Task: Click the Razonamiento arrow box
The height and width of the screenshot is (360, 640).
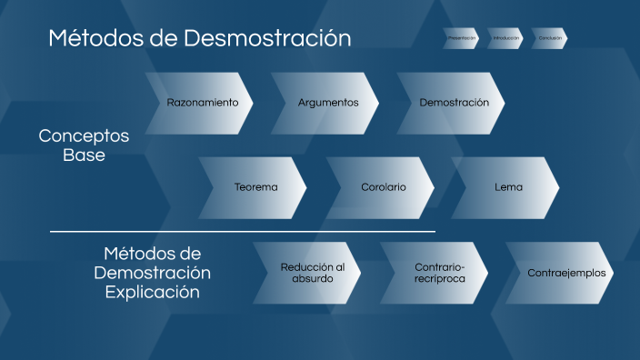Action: (202, 103)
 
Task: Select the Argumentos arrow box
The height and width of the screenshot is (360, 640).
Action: (327, 103)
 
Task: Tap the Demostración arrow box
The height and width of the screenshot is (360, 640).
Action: (453, 103)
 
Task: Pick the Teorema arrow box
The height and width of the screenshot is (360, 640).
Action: (255, 187)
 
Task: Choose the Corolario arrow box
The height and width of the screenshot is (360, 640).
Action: (383, 187)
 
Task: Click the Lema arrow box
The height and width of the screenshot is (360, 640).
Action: (507, 187)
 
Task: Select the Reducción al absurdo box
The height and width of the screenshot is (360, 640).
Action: (312, 273)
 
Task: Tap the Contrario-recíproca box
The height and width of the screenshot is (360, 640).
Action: (438, 273)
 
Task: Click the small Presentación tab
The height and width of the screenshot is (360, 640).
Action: (461, 38)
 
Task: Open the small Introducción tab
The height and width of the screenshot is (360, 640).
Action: (505, 38)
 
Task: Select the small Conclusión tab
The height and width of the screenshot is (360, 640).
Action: (550, 38)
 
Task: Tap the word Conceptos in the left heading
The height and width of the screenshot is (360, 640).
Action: (84, 135)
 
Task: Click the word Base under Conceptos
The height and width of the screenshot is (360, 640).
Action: (84, 155)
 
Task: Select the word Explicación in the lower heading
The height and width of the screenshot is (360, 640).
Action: (153, 293)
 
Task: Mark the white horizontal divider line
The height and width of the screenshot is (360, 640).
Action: (242, 232)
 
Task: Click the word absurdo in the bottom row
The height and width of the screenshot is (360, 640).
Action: (313, 279)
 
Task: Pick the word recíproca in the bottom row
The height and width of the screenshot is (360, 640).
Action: (439, 279)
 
